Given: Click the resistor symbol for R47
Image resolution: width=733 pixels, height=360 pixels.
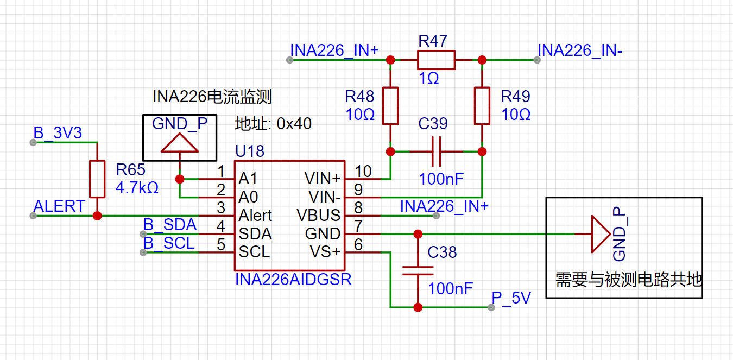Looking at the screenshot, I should click(x=435, y=60).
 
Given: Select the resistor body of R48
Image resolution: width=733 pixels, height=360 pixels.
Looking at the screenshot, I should click(x=390, y=105).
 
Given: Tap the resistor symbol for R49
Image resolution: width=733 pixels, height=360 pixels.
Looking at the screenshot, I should click(x=482, y=105).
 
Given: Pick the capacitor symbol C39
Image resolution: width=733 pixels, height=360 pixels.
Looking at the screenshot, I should click(x=436, y=151).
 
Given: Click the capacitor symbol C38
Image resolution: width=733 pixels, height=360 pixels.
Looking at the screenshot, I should click(x=418, y=270).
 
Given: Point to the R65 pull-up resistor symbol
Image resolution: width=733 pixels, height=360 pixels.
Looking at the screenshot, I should click(x=97, y=179).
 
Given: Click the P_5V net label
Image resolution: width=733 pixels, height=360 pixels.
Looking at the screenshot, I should click(x=511, y=298).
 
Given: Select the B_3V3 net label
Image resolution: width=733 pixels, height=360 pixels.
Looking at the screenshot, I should click(x=58, y=133).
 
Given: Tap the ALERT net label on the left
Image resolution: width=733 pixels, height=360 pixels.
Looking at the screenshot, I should click(x=59, y=206).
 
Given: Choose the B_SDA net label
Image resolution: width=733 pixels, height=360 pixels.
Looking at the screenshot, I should click(x=170, y=225).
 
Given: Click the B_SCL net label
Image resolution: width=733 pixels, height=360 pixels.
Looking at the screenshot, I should click(x=169, y=243).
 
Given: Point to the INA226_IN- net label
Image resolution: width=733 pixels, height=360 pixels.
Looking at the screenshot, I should click(x=580, y=50).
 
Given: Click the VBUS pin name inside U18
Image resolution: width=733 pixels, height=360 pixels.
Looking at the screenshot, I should click(x=318, y=216).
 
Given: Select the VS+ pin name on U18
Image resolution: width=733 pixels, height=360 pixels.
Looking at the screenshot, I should click(x=325, y=252).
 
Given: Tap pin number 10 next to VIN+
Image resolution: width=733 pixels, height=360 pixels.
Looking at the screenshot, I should click(x=363, y=172).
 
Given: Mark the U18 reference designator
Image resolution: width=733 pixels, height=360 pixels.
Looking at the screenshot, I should click(x=250, y=151).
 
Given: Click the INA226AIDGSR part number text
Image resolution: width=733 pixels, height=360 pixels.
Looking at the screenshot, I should click(x=293, y=280).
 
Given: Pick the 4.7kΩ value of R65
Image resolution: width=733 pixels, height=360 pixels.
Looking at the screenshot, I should click(x=137, y=188).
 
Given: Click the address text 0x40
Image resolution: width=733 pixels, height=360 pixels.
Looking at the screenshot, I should click(x=294, y=123).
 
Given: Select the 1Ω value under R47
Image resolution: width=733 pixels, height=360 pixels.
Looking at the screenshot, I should click(x=429, y=78).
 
